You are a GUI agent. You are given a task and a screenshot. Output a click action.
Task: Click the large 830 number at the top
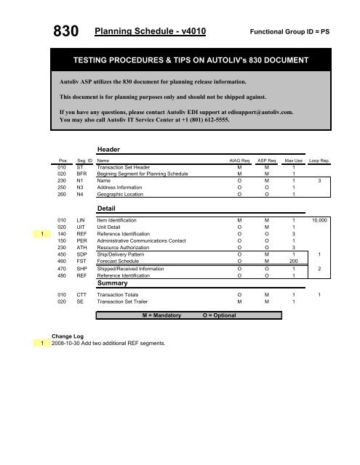(x=66, y=32)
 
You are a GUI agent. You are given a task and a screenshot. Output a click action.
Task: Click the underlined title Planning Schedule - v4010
(x=150, y=32)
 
